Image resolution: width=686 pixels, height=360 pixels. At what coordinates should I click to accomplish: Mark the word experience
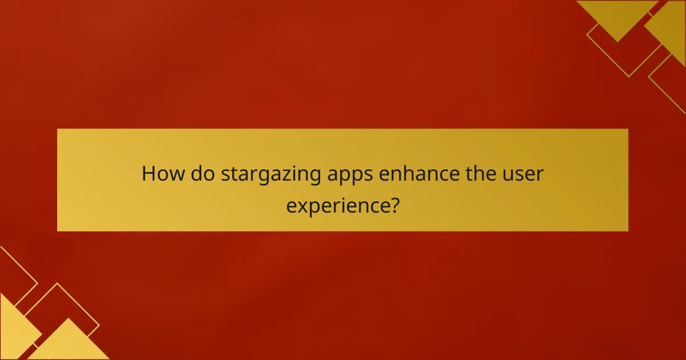pos(337,205)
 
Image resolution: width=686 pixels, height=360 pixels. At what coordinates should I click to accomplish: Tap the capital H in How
pos(148,174)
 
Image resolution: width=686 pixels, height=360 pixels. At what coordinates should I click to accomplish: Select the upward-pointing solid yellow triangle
pos(69,343)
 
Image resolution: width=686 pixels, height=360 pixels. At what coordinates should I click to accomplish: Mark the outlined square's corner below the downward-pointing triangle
pos(628,76)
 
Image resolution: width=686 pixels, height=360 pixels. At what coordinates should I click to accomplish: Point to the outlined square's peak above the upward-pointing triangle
pos(58,284)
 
